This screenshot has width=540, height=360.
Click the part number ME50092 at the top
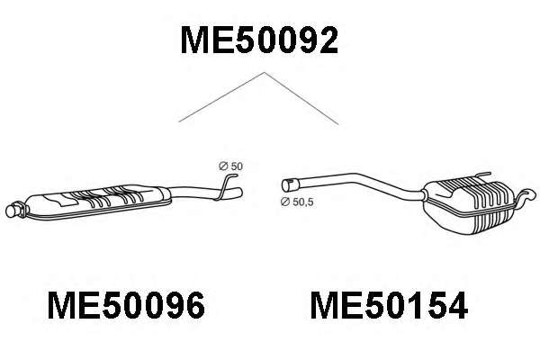[x=259, y=40]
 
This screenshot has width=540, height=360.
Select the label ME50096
[x=125, y=307]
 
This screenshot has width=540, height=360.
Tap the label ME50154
[x=389, y=307]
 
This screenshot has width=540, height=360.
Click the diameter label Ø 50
[x=231, y=166]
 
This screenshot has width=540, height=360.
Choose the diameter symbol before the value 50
[x=222, y=166]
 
